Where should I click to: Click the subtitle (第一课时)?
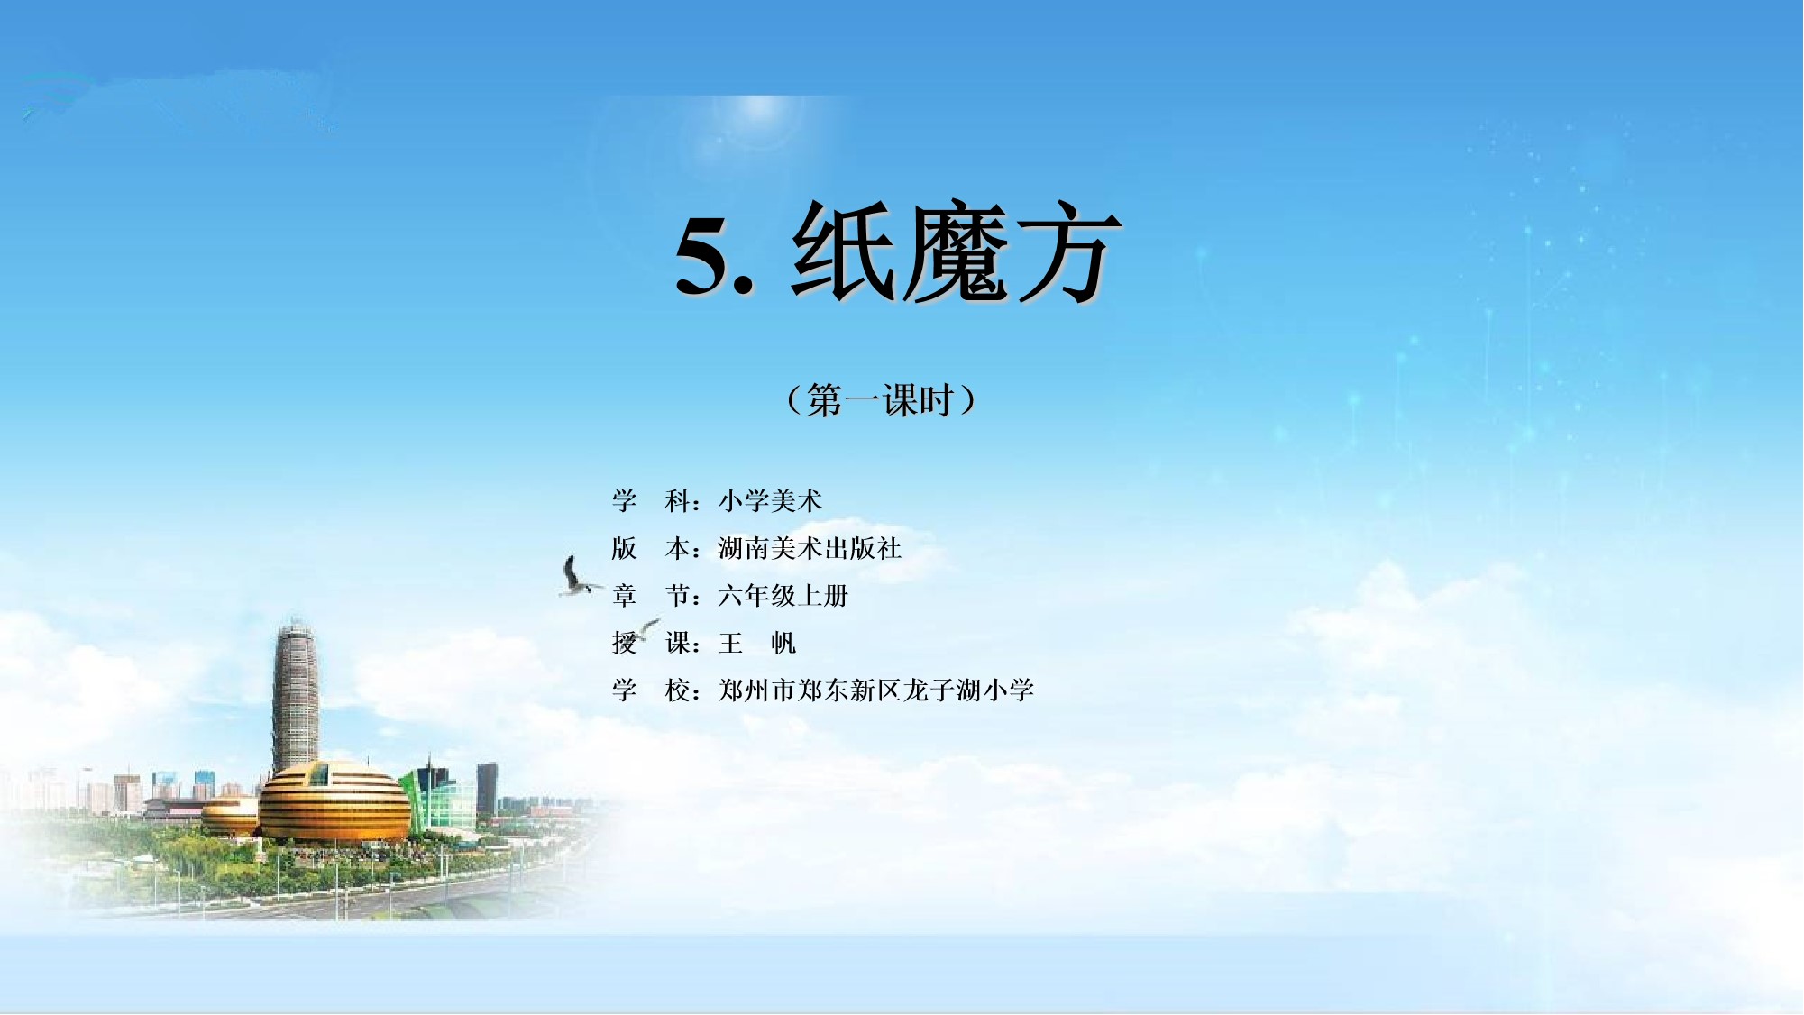881,399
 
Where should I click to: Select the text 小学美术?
771,500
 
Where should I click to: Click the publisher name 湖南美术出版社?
810,548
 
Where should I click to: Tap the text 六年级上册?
783,595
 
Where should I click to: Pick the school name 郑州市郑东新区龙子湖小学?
876,690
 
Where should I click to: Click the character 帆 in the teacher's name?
783,643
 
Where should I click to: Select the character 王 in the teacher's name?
731,643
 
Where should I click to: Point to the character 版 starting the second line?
624,548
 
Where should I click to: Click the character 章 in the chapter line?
624,595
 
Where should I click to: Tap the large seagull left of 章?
577,577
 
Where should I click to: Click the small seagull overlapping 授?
646,628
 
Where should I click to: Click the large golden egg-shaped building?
334,801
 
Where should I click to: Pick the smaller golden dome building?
231,815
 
